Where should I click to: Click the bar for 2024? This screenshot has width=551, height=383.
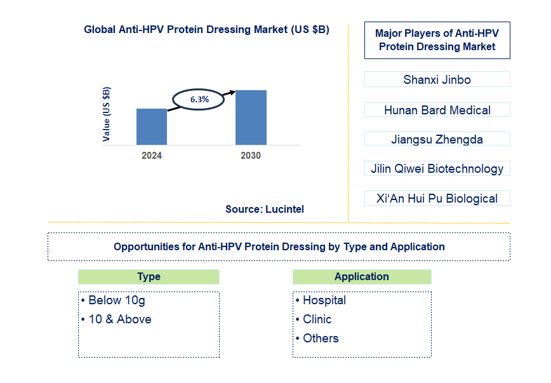(152, 126)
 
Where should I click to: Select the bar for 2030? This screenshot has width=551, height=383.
(251, 118)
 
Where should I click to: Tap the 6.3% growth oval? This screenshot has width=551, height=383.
(199, 100)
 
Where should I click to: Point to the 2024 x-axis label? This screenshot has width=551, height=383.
(152, 156)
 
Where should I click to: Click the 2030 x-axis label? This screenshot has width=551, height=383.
(250, 156)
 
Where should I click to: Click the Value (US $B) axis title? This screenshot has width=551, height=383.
(106, 114)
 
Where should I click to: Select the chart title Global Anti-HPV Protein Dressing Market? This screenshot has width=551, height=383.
(206, 29)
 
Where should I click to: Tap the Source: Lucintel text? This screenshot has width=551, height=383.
(265, 209)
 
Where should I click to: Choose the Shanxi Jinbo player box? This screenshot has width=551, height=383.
(437, 79)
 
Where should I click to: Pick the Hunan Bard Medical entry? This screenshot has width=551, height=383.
(437, 110)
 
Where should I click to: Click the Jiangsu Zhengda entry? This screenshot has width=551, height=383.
(437, 139)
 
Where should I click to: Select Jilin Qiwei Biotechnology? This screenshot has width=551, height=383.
(437, 168)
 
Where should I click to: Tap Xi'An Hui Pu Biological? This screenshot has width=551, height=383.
(437, 198)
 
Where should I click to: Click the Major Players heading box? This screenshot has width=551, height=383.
(437, 41)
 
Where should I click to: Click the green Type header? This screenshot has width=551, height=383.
(149, 277)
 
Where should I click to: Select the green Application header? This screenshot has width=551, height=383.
(362, 277)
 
